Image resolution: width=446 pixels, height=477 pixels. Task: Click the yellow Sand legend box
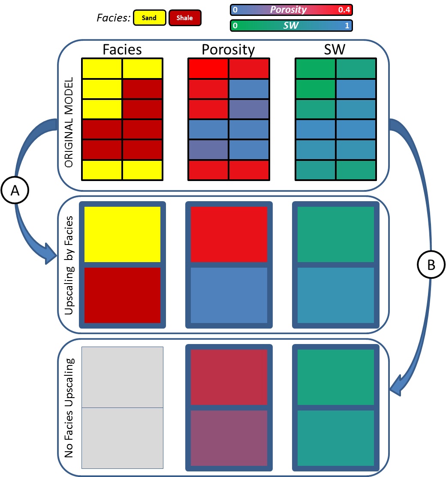click(x=150, y=18)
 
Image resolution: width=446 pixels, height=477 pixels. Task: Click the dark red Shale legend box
click(x=185, y=18)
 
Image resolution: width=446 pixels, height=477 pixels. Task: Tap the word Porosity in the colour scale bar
click(x=291, y=9)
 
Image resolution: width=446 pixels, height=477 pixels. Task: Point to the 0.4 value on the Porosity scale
click(x=344, y=9)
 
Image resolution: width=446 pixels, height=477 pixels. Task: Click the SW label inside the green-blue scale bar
click(x=291, y=26)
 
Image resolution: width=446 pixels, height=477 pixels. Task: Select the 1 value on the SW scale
click(x=347, y=26)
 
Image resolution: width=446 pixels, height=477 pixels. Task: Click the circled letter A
click(x=15, y=191)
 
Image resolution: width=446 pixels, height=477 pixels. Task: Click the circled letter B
click(x=431, y=265)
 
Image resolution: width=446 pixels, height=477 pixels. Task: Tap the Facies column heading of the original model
click(x=122, y=49)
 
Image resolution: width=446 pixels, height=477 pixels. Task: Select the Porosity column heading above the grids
click(x=228, y=49)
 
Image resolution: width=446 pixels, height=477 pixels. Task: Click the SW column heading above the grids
click(x=335, y=49)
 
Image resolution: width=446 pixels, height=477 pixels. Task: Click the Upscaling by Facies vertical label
click(x=70, y=265)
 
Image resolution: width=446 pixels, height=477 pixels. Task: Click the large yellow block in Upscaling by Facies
click(x=122, y=234)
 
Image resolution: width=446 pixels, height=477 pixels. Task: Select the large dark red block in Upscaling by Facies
click(x=122, y=295)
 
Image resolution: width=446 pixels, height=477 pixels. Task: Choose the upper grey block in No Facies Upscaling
click(x=122, y=377)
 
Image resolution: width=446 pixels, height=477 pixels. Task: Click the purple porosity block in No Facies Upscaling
click(x=229, y=438)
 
